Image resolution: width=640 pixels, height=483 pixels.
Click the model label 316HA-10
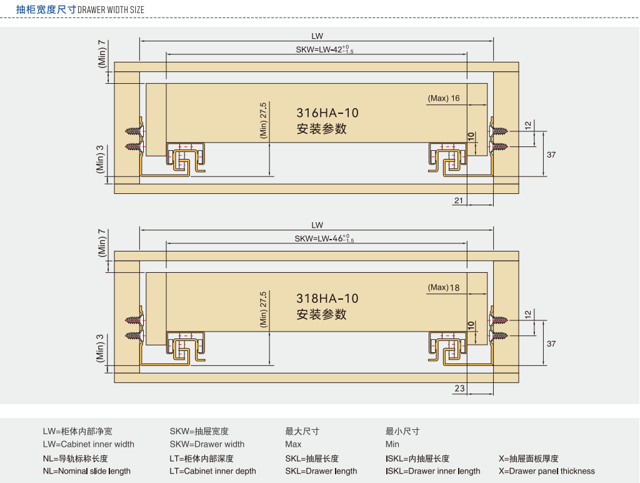(x=327, y=113)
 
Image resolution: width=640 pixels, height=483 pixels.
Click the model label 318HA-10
(x=327, y=298)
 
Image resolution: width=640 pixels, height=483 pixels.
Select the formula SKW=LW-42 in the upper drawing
(x=324, y=50)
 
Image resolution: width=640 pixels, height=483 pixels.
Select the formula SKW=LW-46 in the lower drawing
(x=324, y=239)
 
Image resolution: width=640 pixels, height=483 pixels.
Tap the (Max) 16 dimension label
(x=444, y=98)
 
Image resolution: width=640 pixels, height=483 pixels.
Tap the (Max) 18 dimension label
(x=444, y=287)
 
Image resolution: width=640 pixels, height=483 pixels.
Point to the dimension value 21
(x=459, y=200)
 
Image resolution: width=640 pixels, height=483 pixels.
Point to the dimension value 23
(x=459, y=389)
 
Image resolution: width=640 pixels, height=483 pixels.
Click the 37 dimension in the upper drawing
(x=551, y=155)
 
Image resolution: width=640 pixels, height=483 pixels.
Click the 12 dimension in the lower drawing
(x=527, y=313)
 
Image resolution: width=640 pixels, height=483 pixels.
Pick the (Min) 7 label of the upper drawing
(x=102, y=54)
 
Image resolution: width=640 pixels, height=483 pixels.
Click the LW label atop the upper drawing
(x=317, y=36)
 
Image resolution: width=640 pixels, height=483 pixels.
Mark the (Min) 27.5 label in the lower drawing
(x=263, y=309)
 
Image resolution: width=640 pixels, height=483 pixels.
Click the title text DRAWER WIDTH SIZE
(x=111, y=10)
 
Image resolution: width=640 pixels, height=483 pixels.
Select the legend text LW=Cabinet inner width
(x=88, y=444)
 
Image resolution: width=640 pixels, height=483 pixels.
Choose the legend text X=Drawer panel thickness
(x=547, y=471)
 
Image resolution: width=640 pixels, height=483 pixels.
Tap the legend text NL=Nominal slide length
(x=86, y=471)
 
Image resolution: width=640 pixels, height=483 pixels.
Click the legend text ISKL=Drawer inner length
(x=432, y=471)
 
